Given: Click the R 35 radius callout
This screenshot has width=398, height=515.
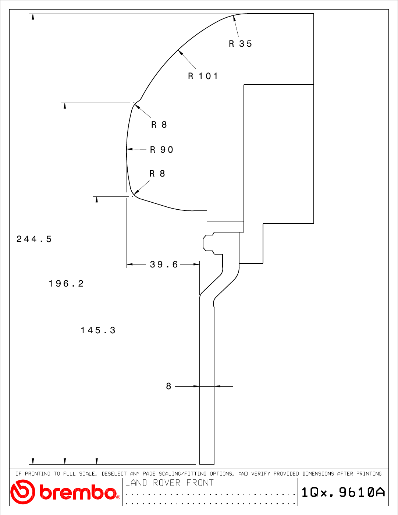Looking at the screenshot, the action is click(240, 44).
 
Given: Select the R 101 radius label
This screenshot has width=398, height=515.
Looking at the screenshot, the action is click(203, 76).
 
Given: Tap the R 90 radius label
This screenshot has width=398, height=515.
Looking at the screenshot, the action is click(161, 150).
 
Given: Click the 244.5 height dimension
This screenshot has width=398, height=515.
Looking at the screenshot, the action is click(34, 239).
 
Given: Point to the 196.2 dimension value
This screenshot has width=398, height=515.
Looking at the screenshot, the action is click(66, 284).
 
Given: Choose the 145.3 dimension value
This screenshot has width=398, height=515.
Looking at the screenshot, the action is click(98, 330).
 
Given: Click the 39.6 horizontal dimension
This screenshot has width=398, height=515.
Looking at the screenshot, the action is click(164, 264).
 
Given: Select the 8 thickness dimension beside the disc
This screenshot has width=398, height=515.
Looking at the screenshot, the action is click(168, 386).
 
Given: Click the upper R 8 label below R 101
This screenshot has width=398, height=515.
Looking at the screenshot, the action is click(159, 125).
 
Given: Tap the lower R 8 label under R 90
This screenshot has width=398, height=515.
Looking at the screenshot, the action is click(157, 174).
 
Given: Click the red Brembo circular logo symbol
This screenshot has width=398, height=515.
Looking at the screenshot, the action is click(23, 492).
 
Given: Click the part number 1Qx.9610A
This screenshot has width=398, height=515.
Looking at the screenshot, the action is click(343, 492).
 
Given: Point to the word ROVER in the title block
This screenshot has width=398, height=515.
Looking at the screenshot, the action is click(167, 483).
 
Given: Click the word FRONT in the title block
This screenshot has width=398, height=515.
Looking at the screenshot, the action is click(200, 483).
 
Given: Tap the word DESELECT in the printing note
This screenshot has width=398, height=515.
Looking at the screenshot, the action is click(114, 474).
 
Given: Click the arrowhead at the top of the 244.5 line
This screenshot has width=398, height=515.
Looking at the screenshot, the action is click(33, 17).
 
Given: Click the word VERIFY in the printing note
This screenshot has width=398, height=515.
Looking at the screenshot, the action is click(260, 474).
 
